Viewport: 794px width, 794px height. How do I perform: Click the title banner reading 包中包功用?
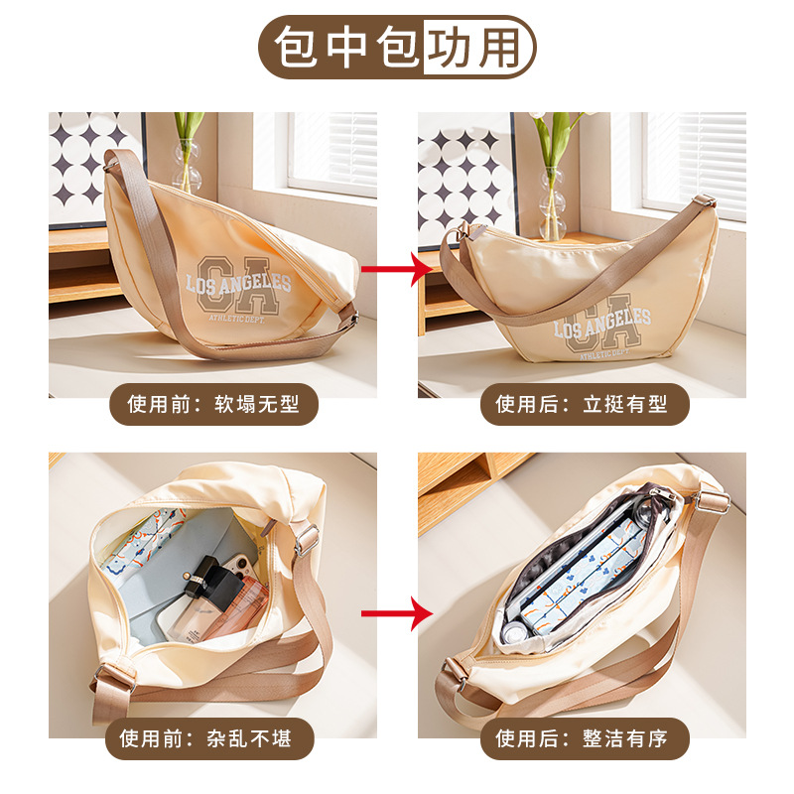click(397, 47)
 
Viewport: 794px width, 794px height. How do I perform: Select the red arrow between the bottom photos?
click(397, 613)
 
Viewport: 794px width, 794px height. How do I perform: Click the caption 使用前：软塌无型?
click(213, 404)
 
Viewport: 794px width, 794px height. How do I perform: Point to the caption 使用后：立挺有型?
click(585, 404)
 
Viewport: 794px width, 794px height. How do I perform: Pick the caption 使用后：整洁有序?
click(585, 738)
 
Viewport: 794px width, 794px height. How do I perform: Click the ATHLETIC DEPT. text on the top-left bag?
click(236, 319)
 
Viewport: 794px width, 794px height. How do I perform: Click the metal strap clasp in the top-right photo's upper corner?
click(705, 200)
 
